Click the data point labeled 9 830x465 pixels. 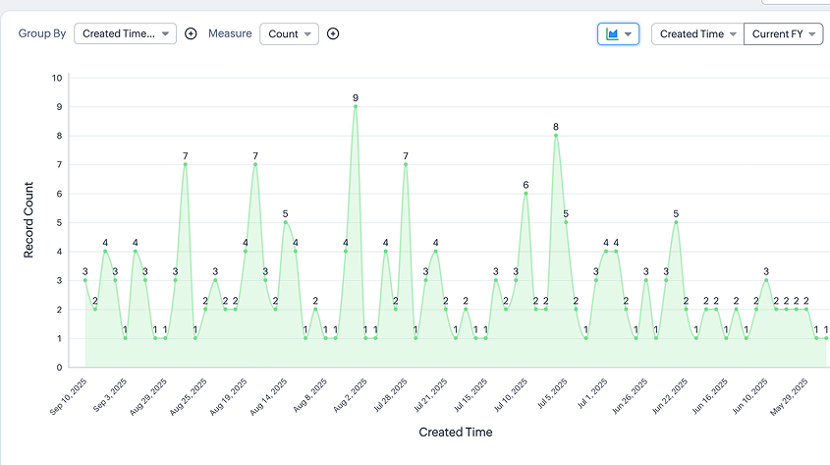click(356, 106)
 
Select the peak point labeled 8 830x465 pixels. click(556, 135)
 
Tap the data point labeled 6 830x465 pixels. click(526, 193)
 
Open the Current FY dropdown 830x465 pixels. click(783, 33)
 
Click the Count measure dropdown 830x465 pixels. click(289, 33)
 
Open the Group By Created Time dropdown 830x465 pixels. click(126, 33)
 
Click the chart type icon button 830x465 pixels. click(618, 33)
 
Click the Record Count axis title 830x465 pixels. click(29, 222)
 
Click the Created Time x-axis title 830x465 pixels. click(456, 432)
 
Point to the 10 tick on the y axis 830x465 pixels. click(57, 78)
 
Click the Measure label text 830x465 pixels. click(229, 33)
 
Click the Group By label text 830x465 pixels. click(42, 33)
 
